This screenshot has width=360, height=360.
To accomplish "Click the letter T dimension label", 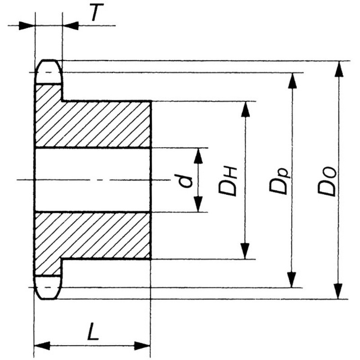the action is (97, 13).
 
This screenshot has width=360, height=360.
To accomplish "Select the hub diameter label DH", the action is (227, 181).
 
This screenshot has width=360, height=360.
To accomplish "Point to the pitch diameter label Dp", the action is (279, 180).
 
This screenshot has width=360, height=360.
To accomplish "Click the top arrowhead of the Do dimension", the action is (339, 69).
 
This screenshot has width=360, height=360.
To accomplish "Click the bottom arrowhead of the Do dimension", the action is (338, 291).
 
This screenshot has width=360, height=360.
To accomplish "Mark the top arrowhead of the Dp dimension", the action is (292, 81).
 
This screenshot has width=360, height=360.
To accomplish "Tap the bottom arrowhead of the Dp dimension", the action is (292, 279).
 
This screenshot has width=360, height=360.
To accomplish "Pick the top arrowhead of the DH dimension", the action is (246, 109).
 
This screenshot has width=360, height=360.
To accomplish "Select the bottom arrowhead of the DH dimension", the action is (245, 251).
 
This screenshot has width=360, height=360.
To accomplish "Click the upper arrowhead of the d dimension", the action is (198, 156).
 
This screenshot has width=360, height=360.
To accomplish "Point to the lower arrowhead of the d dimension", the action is (198, 204).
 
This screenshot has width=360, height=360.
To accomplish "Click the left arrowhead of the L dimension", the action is (42, 346).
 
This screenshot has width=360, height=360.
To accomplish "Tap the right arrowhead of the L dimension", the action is (142, 346).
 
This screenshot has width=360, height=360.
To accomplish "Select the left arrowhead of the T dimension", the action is (27, 26).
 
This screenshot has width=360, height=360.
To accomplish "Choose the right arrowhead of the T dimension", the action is (71, 26).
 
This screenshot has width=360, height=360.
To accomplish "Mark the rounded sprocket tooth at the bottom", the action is (48, 288).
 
